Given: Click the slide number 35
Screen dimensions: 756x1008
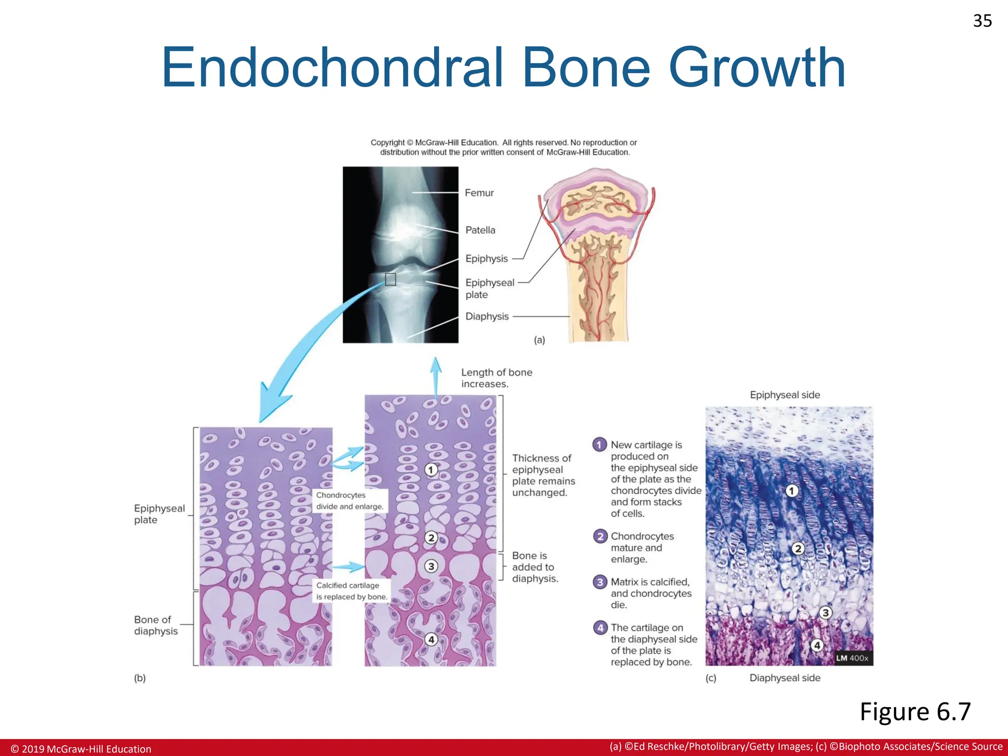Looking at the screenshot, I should (982, 21).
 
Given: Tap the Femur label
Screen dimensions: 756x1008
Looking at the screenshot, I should (479, 193).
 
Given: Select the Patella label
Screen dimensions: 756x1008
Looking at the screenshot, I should (480, 230).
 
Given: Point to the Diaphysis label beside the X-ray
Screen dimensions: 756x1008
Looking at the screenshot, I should (487, 316).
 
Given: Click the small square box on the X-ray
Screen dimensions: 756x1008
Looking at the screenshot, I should (390, 280).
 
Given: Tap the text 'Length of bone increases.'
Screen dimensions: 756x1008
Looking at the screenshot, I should (496, 378).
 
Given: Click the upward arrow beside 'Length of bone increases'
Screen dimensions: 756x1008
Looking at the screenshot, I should (436, 377).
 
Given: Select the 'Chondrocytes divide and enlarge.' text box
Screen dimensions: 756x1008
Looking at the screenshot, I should (349, 501).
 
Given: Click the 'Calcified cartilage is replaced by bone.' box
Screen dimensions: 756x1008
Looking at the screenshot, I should (351, 591).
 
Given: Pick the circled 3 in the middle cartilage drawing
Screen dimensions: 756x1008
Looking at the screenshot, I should (431, 566).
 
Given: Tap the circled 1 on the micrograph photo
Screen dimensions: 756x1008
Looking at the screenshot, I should (791, 491).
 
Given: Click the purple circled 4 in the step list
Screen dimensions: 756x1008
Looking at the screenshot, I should (600, 628).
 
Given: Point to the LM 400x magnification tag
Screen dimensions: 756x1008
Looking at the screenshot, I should (852, 658).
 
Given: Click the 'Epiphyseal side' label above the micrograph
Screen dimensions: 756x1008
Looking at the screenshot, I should (785, 395).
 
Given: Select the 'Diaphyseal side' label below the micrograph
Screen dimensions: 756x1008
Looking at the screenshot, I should (785, 678).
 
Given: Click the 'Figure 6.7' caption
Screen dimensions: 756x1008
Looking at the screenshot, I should (915, 712).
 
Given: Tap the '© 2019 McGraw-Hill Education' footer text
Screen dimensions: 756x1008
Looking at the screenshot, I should (81, 749).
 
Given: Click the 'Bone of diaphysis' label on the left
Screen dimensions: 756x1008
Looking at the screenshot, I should (156, 625).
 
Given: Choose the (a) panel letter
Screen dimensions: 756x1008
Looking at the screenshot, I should (539, 340).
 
